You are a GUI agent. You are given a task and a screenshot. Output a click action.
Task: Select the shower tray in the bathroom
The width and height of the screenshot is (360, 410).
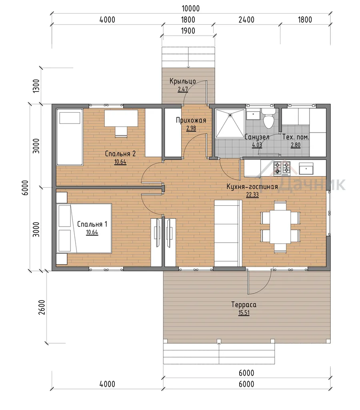[230, 123]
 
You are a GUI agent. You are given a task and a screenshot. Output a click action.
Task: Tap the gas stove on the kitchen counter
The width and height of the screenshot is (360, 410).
[282, 168]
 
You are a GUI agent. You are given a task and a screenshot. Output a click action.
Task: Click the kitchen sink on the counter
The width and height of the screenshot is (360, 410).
[306, 169]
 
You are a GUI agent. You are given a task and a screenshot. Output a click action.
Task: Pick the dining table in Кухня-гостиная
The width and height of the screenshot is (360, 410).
[280, 227]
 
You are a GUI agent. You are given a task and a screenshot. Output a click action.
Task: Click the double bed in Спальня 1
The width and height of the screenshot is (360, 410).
[84, 228]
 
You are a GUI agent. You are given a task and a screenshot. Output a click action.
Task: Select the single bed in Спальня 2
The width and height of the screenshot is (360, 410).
[70, 137]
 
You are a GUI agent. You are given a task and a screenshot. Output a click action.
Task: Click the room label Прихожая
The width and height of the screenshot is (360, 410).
[191, 120]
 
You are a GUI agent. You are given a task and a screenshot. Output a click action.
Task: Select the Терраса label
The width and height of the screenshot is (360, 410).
[244, 305]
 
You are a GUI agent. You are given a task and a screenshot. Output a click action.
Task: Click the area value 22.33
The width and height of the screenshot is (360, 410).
[252, 195]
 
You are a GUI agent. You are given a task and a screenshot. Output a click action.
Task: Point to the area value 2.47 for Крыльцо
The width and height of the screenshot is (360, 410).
[183, 89]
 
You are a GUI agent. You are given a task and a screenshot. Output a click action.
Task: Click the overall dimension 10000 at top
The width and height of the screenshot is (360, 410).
[191, 9]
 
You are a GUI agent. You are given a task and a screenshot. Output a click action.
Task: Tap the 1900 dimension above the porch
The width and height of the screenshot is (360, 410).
[188, 31]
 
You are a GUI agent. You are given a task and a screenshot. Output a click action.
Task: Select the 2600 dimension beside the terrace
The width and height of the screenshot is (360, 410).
[42, 307]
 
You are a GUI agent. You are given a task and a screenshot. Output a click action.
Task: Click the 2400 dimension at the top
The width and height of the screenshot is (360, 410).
[246, 20]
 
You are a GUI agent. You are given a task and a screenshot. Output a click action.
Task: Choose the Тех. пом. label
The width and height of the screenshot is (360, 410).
[296, 137]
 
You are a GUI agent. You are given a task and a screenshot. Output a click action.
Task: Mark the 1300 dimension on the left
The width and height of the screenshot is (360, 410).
[36, 86]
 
